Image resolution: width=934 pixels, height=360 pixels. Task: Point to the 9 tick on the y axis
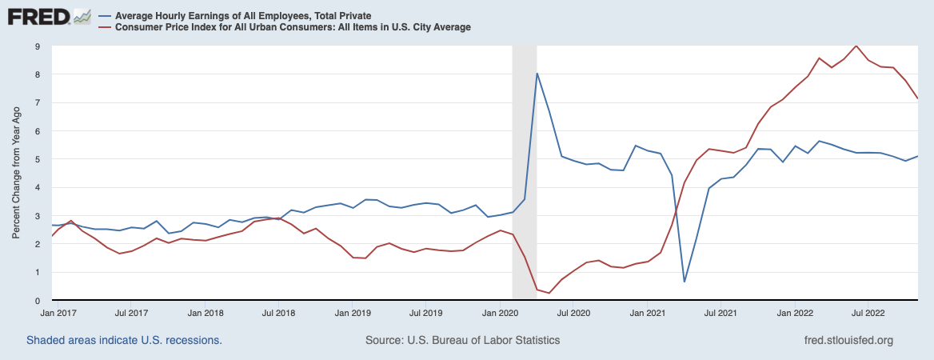point(36,46)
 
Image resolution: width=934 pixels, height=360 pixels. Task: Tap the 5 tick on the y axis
point(36,159)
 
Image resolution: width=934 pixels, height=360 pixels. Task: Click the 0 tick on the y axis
point(36,300)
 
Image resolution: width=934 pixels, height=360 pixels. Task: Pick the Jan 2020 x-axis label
point(501,313)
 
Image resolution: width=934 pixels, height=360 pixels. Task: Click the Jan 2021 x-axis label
point(648,313)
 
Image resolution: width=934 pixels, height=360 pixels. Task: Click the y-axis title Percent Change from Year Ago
point(17,173)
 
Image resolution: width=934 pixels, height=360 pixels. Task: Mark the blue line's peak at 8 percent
point(537,74)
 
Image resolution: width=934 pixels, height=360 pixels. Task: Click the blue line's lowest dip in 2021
point(685,282)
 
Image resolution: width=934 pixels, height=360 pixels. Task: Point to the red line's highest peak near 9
point(856,46)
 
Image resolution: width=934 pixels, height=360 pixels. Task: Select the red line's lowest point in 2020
point(549,293)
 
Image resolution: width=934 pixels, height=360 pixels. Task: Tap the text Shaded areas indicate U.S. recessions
point(124,340)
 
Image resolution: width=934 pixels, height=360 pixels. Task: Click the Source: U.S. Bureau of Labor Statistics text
point(462,340)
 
